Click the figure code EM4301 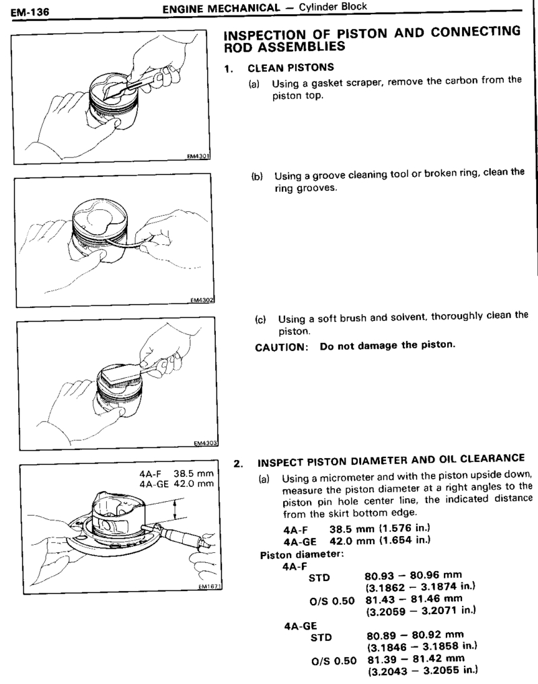tap(200, 157)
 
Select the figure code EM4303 tap(200, 443)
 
